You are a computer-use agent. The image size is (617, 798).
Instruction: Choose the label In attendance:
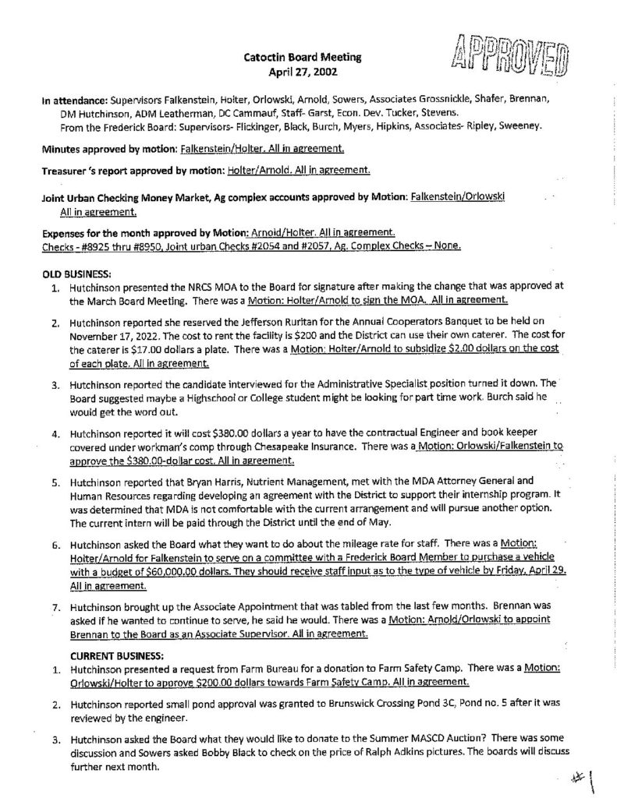click(74, 100)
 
